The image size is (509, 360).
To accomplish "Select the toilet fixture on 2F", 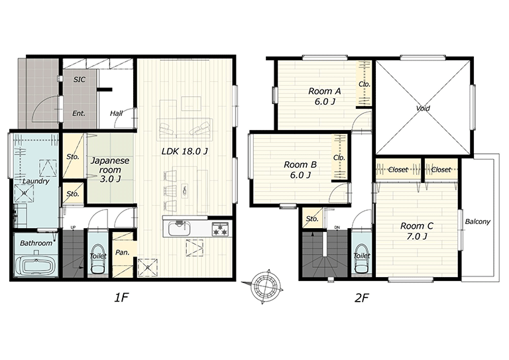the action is [361, 259].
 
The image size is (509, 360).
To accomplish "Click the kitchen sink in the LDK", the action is [179, 229].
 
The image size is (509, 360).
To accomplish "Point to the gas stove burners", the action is [220, 229].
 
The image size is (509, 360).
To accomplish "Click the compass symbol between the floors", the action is [265, 286].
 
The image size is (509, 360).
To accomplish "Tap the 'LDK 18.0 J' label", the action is [184, 151].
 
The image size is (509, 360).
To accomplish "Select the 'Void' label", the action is [423, 108].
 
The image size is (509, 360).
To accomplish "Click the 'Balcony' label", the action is [477, 221].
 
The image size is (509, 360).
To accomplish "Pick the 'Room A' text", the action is [324, 91].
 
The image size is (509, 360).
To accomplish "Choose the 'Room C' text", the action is [416, 226].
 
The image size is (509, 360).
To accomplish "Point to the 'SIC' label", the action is [80, 80].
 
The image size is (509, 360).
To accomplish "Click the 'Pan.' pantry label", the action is [123, 252].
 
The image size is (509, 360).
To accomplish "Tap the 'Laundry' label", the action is [36, 182].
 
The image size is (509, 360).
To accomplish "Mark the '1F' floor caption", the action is [122, 298].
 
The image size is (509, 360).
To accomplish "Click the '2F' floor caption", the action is [362, 298].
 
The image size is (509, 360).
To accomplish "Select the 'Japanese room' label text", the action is [110, 165].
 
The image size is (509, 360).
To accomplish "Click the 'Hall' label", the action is [116, 113].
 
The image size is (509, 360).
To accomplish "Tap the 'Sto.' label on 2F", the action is [312, 219].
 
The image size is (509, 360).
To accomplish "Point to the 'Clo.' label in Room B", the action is [339, 158].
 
